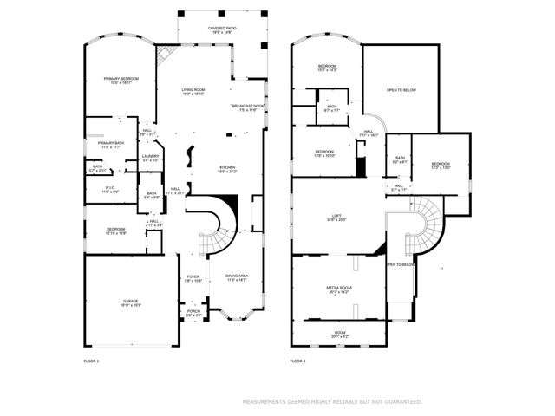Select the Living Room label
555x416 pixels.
coord(193,91)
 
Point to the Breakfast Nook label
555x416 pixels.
coord(248,107)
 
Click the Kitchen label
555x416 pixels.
coord(228,169)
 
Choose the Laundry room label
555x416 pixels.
coord(150,158)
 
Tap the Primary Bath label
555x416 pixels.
coord(111,145)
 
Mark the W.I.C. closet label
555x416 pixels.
coord(111,188)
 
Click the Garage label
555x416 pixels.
coord(130,302)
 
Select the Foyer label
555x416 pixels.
coord(193,279)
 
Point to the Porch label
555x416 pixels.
coord(193,313)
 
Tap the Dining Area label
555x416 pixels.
coord(237,278)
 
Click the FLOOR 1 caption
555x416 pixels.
coord(91,361)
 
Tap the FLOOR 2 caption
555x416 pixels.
coord(298,361)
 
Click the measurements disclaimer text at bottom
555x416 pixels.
coord(332,402)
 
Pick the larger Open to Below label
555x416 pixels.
coord(404,89)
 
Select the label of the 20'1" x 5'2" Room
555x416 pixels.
coord(340,334)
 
